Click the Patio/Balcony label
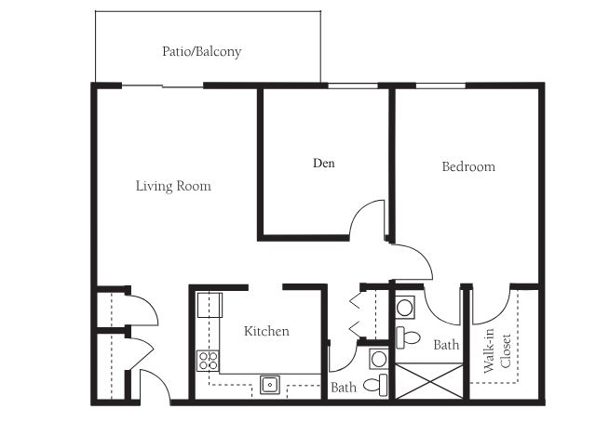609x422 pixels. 201,51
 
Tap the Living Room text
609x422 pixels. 173,186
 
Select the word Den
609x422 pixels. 324,163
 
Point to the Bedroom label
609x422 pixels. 468,166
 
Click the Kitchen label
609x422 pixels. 266,331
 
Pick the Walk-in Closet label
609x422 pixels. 497,351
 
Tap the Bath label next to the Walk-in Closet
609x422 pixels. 446,345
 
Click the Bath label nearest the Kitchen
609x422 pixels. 344,387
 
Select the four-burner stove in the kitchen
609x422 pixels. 208,361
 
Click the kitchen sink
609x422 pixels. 269,385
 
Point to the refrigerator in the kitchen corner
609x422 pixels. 210,305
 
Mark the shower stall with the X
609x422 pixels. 429,381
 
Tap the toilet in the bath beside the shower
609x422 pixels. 408,337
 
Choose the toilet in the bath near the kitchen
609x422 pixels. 375,385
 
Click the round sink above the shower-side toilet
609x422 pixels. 405,308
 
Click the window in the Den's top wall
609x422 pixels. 353,86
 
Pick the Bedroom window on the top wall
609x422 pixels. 440,86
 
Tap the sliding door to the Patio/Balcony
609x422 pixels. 163,86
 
